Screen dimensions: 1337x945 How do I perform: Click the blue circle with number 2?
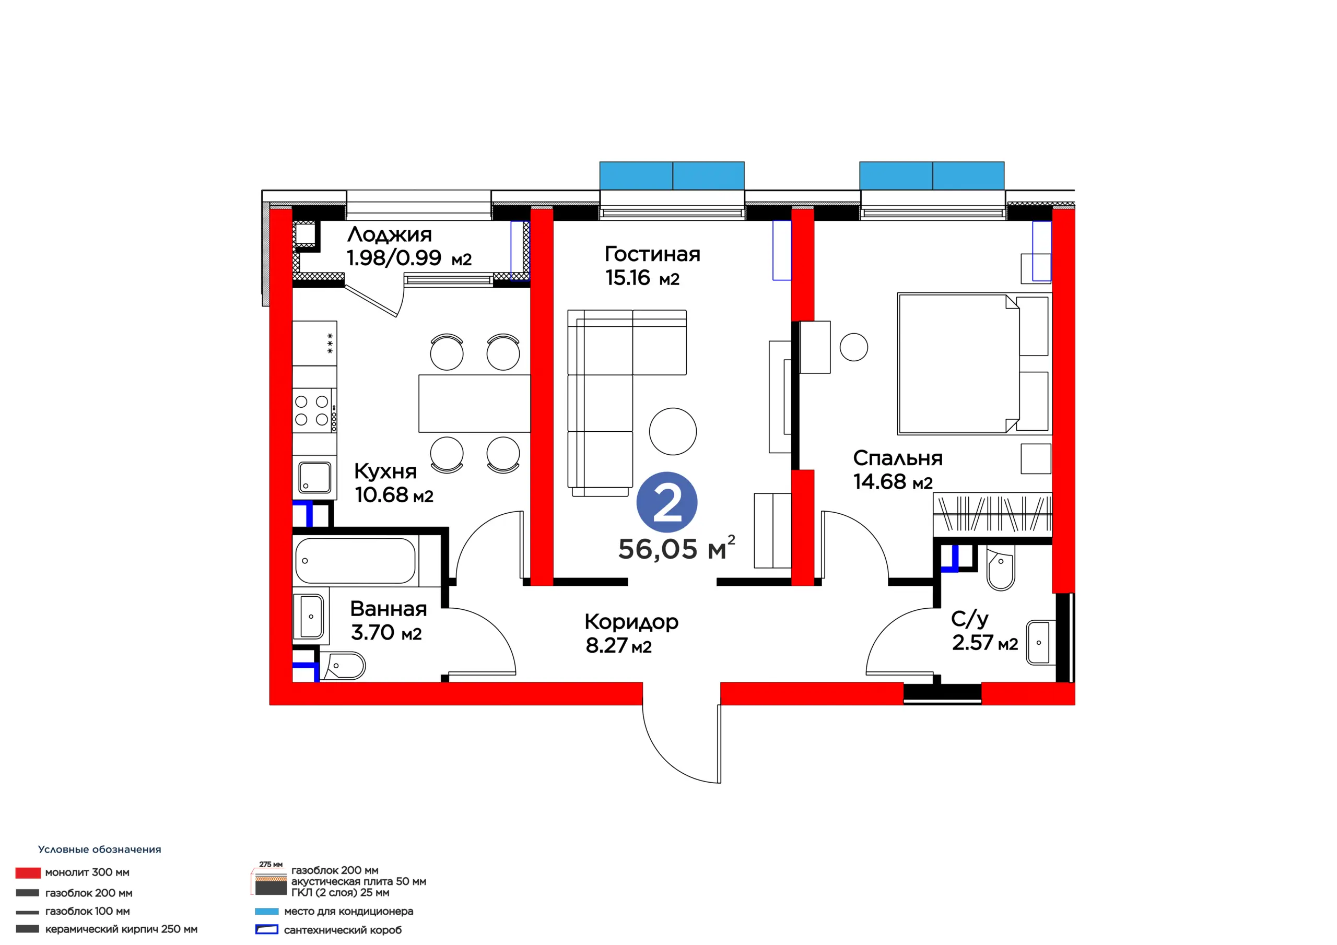tap(667, 502)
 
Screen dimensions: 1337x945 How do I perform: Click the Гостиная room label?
tap(652, 254)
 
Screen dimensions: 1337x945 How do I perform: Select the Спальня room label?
tap(897, 458)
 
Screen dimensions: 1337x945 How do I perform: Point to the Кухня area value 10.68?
tap(381, 495)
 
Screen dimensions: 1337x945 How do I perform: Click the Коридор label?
tap(631, 622)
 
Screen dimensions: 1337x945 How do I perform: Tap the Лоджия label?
tap(390, 234)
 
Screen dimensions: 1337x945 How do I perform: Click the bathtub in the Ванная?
tap(355, 561)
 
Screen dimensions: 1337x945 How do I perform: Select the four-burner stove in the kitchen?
tap(314, 410)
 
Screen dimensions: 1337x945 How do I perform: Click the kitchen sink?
tap(314, 477)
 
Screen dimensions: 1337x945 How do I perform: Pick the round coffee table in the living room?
tap(673, 431)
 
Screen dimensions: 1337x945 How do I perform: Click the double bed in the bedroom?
tap(974, 364)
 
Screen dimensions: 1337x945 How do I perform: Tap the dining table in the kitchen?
tap(475, 404)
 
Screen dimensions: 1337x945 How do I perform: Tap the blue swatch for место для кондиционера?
tap(267, 911)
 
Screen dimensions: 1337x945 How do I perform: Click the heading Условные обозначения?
tap(100, 849)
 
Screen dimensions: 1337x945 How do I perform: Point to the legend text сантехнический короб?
tap(343, 930)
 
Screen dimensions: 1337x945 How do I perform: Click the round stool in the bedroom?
tap(854, 347)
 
